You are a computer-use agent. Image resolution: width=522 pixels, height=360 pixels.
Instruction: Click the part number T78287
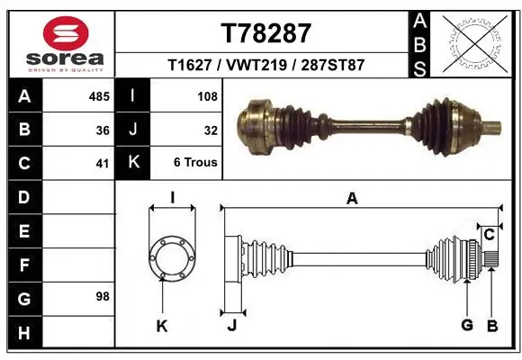click(x=265, y=33)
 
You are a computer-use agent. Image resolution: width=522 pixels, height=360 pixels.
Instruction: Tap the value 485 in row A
click(x=99, y=94)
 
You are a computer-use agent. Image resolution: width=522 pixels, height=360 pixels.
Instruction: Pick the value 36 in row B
click(x=103, y=130)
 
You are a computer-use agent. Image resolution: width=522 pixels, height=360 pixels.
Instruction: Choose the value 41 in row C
click(x=103, y=164)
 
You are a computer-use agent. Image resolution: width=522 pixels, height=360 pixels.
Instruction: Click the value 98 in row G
click(x=102, y=296)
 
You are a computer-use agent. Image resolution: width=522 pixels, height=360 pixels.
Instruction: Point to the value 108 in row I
click(x=206, y=94)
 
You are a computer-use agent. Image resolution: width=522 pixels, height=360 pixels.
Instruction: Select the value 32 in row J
click(x=210, y=130)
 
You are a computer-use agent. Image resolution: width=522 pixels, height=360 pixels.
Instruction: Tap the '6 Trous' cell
click(x=196, y=164)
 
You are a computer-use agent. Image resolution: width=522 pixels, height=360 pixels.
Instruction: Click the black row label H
click(x=23, y=334)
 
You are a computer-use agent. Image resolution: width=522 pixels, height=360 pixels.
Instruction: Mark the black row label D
click(x=23, y=196)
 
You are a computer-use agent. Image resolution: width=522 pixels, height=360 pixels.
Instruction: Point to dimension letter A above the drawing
click(x=352, y=199)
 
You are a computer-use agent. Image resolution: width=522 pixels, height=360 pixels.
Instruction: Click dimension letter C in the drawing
click(x=489, y=235)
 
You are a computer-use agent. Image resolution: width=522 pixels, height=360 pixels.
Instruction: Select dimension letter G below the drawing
click(x=467, y=326)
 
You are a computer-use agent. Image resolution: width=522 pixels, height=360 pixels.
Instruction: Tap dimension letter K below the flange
click(x=162, y=326)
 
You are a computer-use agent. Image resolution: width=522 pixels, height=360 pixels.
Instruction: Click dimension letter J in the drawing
click(x=231, y=326)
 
